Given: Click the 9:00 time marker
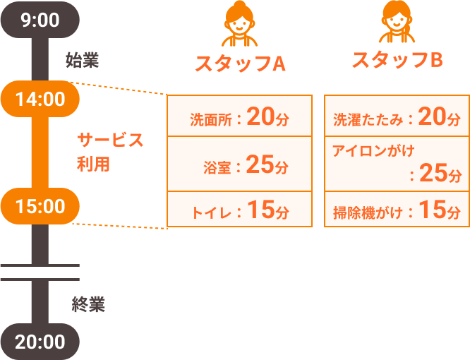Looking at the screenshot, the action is pos(40,20).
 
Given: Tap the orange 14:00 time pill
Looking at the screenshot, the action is pos(40,99).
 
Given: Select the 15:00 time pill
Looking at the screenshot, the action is pos(40,206).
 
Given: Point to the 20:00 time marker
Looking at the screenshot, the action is pos(40,342).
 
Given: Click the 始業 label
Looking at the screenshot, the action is pos(83,60).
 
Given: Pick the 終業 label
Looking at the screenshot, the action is pos(88,304).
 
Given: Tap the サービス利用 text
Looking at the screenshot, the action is pos(110,152).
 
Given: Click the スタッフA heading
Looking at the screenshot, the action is pos(240,64).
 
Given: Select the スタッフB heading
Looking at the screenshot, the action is pos(397,60).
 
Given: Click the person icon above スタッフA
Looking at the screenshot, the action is pos(239,24).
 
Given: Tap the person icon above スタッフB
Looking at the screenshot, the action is pos(397,22).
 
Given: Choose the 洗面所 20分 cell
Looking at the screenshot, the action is pos(240,116).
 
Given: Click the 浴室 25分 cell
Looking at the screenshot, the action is pos(240,164).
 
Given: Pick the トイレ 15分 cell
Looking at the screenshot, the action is pos(240,209).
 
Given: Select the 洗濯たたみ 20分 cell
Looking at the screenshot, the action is pos(397,116).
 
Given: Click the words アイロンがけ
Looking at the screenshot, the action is pos(373,151).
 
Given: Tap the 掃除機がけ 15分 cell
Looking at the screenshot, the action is pos(397,209).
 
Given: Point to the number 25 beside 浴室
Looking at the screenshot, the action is pos(260,164).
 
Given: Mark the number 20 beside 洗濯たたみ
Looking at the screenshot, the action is pos(432,116).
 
